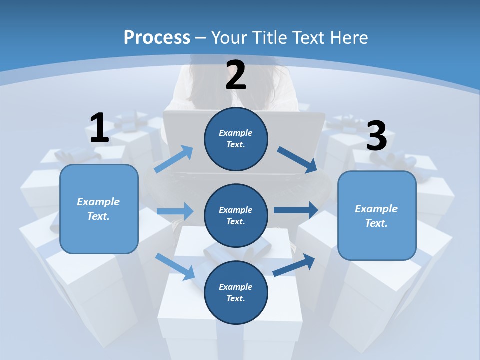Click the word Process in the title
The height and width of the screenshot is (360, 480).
(x=157, y=38)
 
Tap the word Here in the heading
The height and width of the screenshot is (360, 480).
(x=349, y=37)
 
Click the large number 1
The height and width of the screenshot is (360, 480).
(x=99, y=127)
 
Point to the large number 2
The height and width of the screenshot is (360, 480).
(x=235, y=75)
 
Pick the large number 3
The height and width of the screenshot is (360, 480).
(x=377, y=135)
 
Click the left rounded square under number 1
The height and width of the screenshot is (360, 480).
(x=99, y=209)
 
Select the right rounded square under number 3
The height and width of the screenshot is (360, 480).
(x=377, y=216)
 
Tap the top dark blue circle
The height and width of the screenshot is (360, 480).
(x=236, y=139)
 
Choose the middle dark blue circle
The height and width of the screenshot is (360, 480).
(x=236, y=216)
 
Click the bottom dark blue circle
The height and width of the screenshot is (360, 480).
(x=236, y=293)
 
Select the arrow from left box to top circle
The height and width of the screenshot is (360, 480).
(x=174, y=159)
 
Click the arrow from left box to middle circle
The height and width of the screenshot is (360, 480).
(x=175, y=211)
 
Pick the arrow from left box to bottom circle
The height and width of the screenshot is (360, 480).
(x=175, y=267)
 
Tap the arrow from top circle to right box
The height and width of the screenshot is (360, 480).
(x=297, y=160)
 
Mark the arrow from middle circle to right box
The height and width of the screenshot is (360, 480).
(x=296, y=210)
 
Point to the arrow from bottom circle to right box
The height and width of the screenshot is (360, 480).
(x=294, y=265)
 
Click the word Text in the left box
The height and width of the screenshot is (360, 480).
(x=98, y=216)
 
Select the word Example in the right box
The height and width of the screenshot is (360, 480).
(x=376, y=209)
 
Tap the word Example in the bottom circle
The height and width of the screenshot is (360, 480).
(x=235, y=287)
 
